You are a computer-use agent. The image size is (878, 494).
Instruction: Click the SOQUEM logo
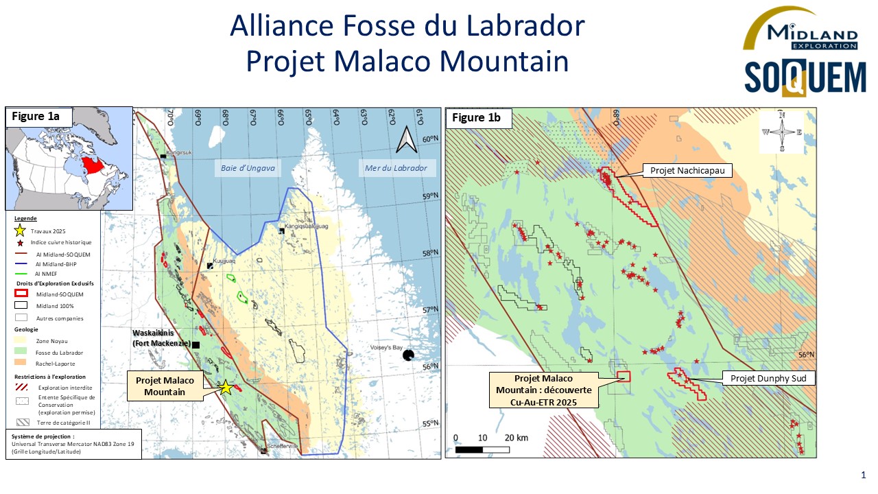[805, 78]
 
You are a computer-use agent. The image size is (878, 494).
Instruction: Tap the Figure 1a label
[36, 117]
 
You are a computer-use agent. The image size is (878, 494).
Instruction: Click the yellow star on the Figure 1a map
[225, 387]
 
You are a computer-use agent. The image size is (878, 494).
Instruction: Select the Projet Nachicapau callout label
[686, 170]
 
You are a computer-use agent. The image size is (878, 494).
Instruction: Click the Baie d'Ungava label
[248, 168]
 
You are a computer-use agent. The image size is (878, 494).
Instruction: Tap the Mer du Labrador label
[396, 168]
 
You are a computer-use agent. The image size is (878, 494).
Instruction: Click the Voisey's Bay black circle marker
[409, 355]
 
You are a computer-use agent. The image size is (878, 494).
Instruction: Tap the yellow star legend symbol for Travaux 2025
[21, 231]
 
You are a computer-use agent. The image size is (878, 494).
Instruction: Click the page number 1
[863, 475]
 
